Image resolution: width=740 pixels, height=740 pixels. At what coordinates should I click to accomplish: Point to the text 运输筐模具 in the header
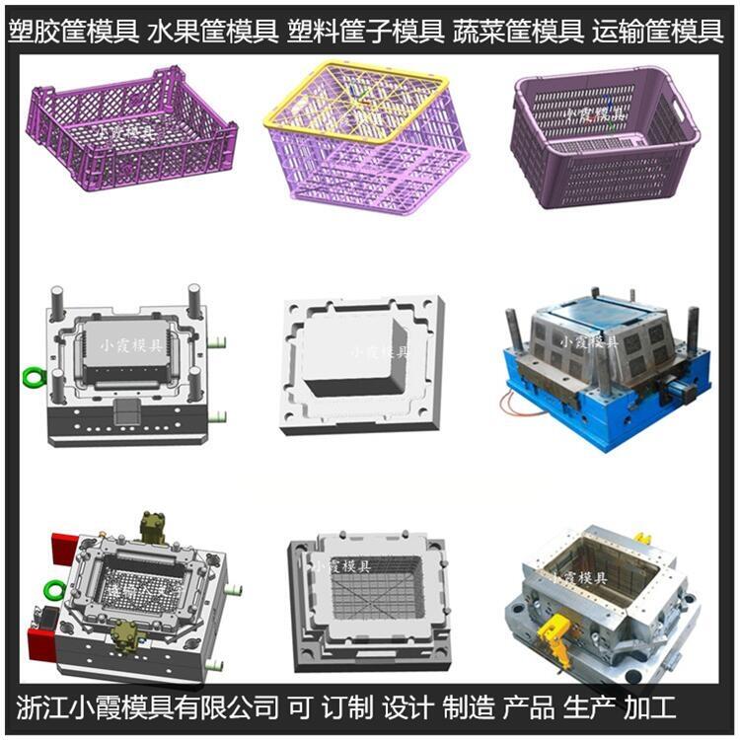click(658, 32)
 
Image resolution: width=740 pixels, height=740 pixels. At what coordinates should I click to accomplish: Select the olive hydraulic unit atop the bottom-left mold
click(154, 526)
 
